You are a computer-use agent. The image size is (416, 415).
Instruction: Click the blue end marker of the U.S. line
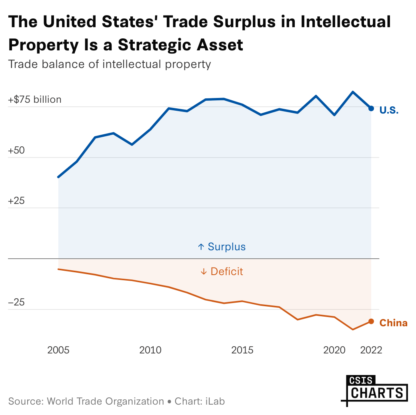point(371,108)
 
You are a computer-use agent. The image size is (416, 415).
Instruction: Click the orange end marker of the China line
point(371,321)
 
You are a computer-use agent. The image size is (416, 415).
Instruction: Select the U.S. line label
point(389,110)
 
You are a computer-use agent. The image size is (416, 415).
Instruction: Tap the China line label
point(393,323)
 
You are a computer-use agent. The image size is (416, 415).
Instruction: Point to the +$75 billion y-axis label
point(35,100)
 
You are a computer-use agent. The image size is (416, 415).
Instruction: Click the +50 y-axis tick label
point(16,150)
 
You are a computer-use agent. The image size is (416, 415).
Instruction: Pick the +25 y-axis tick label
point(16,201)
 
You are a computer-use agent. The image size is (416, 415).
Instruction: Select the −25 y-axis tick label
point(16,303)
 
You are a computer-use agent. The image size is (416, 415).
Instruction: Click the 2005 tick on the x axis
point(58,351)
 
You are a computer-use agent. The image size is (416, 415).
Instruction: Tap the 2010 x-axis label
point(150,351)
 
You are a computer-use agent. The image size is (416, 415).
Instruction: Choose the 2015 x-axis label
point(242,351)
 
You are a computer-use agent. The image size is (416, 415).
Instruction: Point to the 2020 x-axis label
point(334,351)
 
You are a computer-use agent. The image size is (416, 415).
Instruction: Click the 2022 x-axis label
point(371,351)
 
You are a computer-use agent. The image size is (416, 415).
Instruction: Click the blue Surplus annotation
point(222,247)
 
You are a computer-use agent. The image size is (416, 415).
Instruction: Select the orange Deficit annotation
point(222,271)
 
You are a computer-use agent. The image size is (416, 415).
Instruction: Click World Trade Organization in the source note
point(106,401)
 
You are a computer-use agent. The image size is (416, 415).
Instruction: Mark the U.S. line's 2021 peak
point(353,92)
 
